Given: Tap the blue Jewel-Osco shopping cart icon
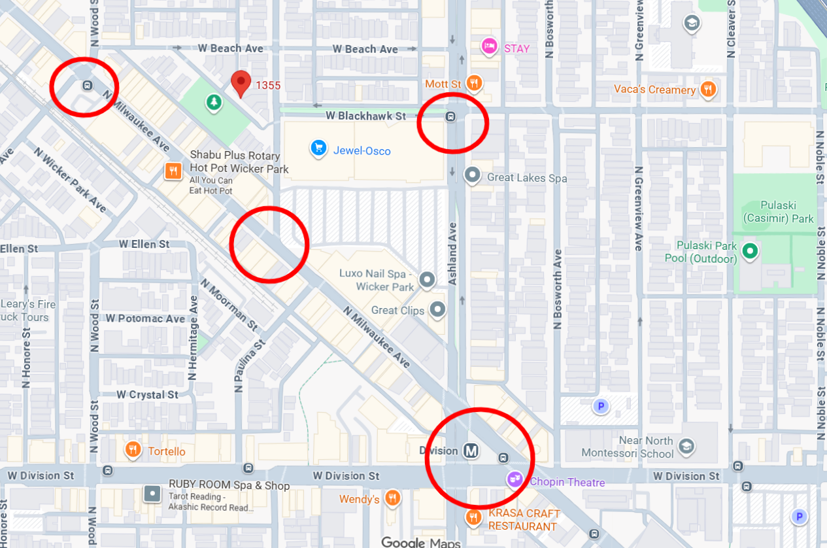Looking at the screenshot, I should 318,148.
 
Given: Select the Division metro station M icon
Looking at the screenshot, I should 471,451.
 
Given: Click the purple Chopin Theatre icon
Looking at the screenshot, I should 515,480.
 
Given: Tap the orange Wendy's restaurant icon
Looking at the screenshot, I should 392,499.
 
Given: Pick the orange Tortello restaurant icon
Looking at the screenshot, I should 133,450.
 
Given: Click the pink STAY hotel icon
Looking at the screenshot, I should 489,46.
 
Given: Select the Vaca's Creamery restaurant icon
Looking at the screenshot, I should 708,89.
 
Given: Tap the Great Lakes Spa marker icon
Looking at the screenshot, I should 472,176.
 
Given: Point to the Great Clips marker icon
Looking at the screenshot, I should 437,310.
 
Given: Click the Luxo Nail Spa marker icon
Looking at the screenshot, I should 427,280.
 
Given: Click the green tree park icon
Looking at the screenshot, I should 213,102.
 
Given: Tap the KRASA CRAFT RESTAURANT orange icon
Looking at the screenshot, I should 473,519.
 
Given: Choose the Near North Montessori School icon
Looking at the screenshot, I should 686,447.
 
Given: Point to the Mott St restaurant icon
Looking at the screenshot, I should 475,83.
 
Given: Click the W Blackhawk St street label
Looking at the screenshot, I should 365,116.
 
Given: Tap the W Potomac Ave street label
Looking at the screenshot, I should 146,318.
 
